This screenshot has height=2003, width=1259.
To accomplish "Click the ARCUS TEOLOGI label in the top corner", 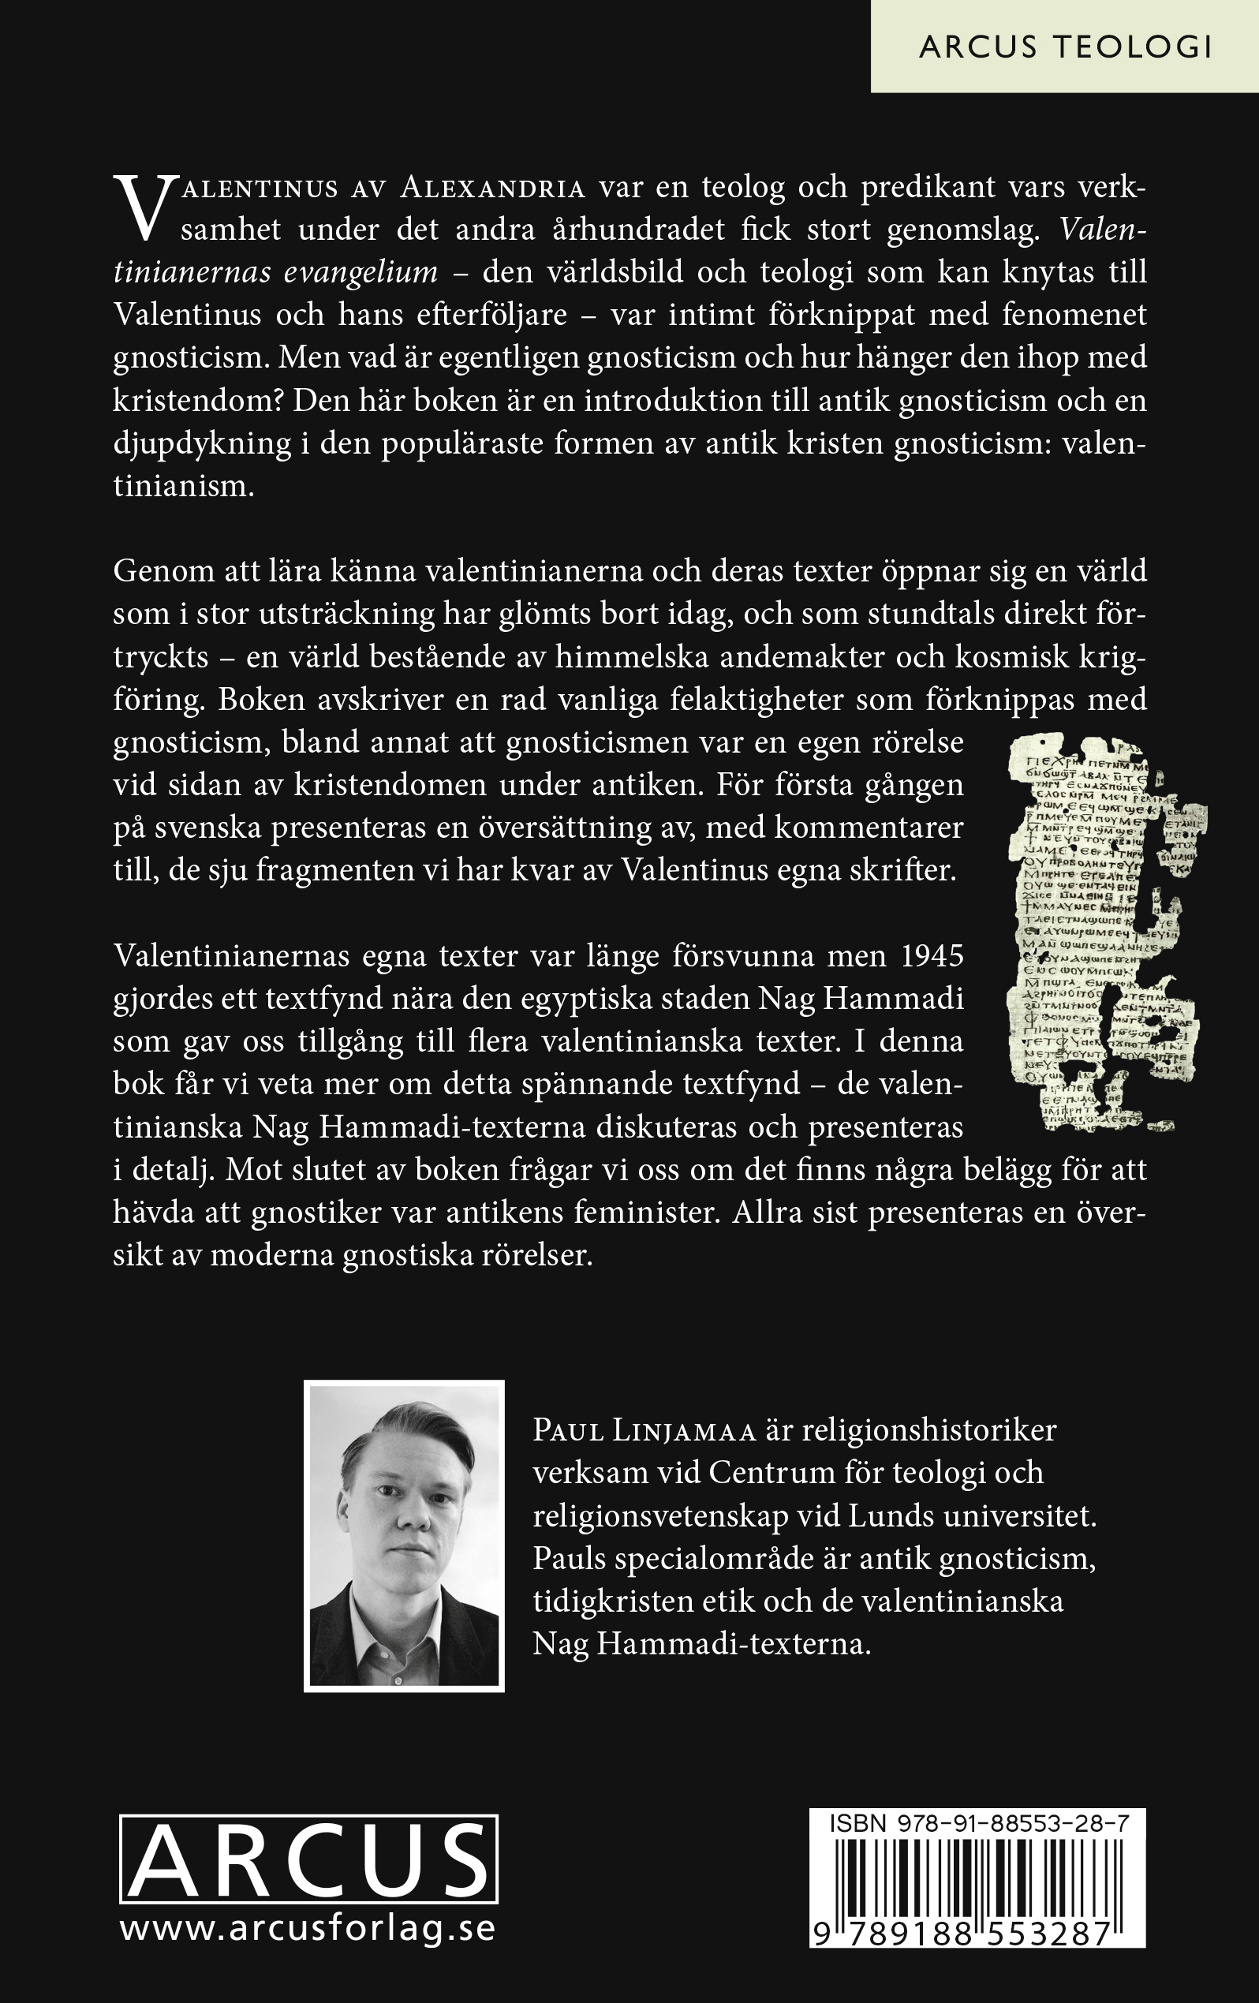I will click(x=1064, y=47).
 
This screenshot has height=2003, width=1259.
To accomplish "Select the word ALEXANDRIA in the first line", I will click(x=492, y=188).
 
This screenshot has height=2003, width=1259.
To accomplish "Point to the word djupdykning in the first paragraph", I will click(x=202, y=443).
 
